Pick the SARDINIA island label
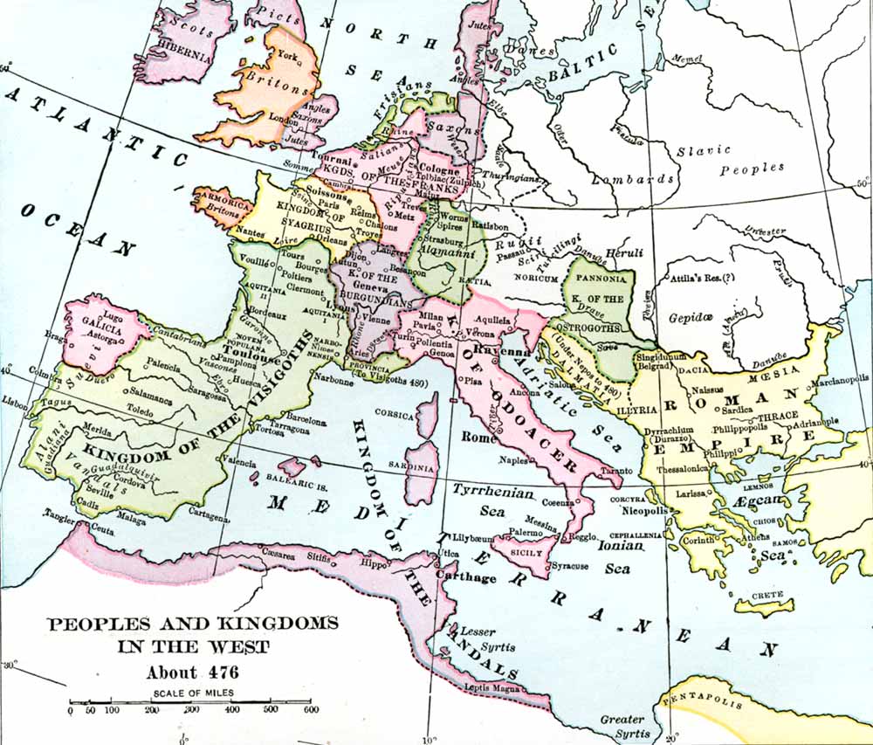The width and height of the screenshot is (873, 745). [x=422, y=468]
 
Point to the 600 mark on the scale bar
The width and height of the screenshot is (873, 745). [x=309, y=710]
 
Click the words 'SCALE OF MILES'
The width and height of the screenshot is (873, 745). [x=190, y=693]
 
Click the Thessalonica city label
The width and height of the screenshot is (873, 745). [x=682, y=468]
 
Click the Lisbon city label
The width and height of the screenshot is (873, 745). [x=16, y=401]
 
